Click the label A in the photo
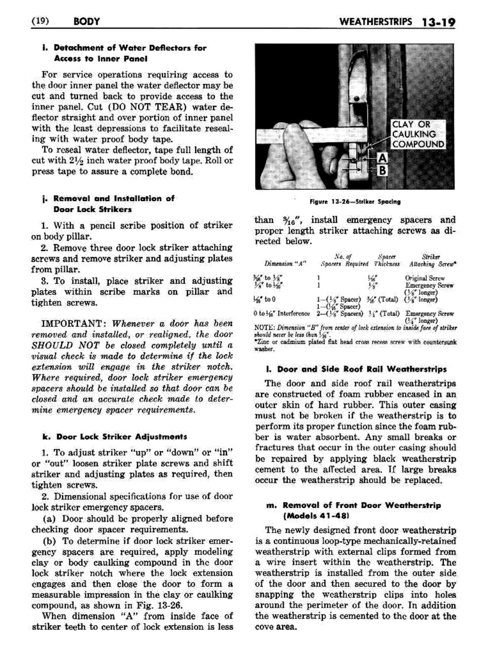[x=382, y=158]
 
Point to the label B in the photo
[x=382, y=171]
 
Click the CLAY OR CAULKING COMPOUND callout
[x=417, y=134]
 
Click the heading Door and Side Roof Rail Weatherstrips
[x=362, y=369]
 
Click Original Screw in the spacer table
[x=425, y=278]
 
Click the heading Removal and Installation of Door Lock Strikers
[x=113, y=204]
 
